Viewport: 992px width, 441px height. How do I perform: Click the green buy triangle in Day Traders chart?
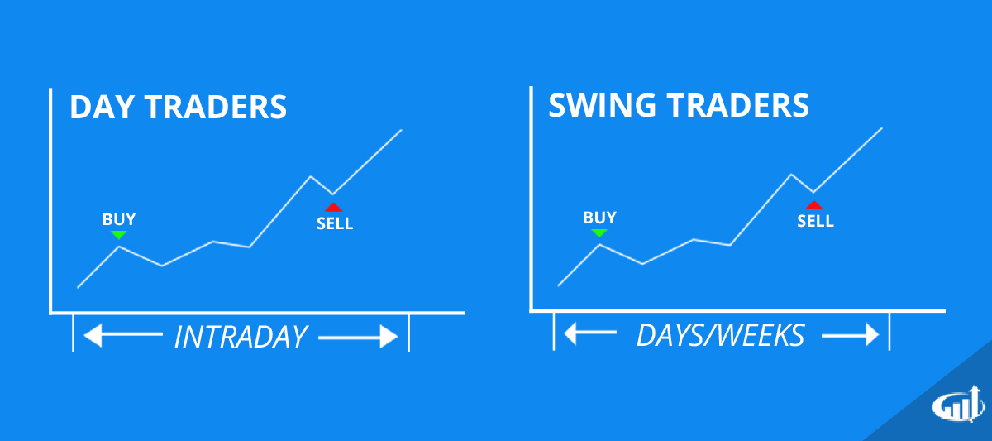click(x=119, y=235)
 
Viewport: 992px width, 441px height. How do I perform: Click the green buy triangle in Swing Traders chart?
click(x=599, y=233)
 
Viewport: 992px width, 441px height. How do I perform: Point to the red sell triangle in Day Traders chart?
click(x=333, y=207)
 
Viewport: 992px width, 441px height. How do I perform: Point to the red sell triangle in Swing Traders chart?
click(x=814, y=205)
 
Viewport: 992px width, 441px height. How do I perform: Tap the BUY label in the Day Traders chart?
click(x=119, y=219)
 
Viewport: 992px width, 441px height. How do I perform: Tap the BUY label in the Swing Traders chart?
click(x=599, y=218)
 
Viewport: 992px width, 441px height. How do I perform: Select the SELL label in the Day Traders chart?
click(x=335, y=223)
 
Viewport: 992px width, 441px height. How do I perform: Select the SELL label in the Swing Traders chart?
click(x=816, y=221)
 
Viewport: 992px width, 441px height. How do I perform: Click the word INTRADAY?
click(x=241, y=337)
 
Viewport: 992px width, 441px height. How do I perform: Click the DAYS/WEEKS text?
click(x=720, y=335)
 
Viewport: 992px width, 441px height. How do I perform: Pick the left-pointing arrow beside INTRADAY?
click(x=124, y=336)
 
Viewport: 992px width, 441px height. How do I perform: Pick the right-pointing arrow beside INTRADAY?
click(x=358, y=337)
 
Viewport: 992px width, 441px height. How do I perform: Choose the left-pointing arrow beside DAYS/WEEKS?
click(x=589, y=335)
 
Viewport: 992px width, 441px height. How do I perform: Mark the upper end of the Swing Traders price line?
click(x=882, y=128)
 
